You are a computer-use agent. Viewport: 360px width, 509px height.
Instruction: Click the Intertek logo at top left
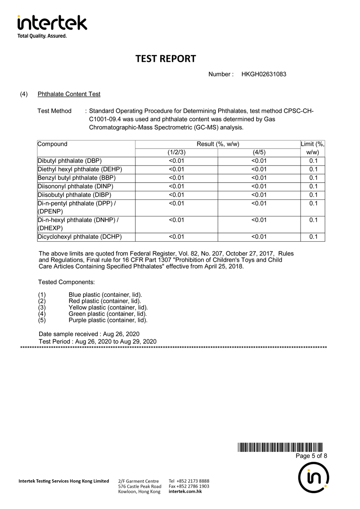tap(52, 26)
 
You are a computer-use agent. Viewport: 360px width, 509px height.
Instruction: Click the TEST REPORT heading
tap(166, 59)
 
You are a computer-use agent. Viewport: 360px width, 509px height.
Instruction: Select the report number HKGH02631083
tap(264, 74)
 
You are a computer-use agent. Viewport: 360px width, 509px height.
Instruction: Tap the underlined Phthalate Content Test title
tap(69, 94)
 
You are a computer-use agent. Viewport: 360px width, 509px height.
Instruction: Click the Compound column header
tap(53, 144)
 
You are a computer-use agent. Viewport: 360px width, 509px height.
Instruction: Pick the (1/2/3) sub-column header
tap(176, 153)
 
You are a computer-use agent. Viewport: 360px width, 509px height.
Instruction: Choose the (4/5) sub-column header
tap(259, 153)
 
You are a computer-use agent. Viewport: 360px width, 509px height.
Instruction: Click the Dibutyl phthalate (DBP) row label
tap(70, 161)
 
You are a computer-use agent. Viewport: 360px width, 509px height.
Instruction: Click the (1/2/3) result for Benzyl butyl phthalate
tap(176, 178)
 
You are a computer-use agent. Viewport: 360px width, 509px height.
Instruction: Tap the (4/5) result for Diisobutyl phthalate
tap(259, 195)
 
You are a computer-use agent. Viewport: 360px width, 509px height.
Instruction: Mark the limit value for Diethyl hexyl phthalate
tap(314, 169)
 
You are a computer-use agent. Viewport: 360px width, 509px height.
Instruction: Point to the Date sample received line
tap(89, 334)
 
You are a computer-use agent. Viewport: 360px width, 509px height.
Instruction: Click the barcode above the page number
tap(280, 447)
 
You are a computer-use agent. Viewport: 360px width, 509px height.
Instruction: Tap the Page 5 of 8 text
tap(311, 456)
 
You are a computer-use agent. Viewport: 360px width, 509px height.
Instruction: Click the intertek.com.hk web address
tap(185, 492)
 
